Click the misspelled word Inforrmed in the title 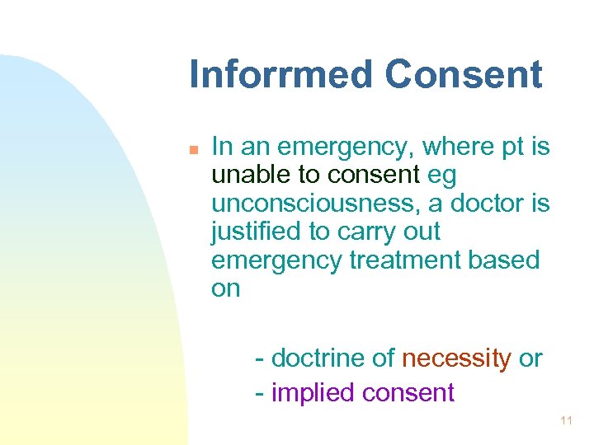(x=281, y=74)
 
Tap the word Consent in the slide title (x=464, y=74)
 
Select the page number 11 (x=566, y=421)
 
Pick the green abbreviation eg (x=442, y=176)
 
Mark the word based (x=502, y=260)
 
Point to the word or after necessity (x=530, y=359)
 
